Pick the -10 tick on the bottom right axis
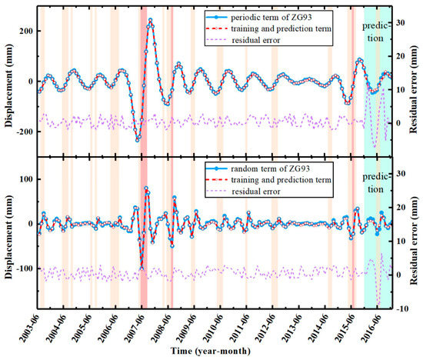pos(401,308)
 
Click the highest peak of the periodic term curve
pos(150,20)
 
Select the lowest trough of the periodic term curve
pos(138,140)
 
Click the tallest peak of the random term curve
pos(146,188)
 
